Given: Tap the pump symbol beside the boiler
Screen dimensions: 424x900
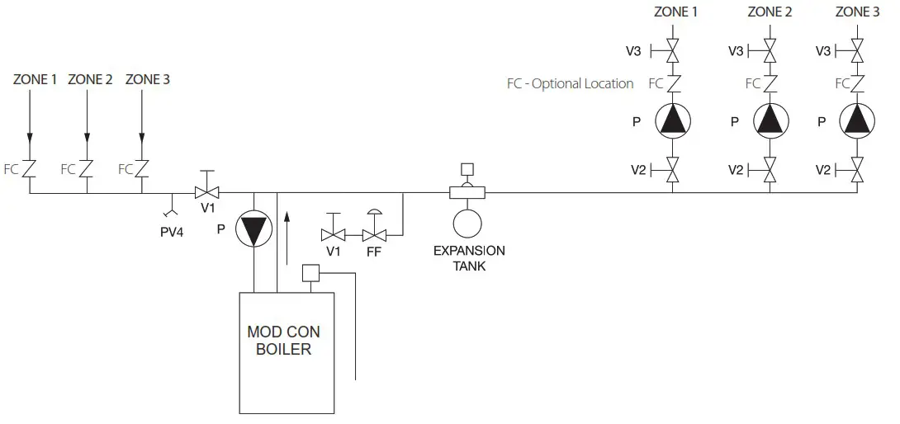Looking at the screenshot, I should [253, 228].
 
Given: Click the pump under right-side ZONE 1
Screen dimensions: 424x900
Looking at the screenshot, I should [673, 120].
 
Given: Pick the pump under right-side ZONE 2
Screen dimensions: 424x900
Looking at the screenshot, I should [770, 120].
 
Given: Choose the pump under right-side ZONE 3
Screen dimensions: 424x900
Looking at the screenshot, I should [857, 120].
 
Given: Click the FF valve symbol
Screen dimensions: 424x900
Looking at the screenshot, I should [374, 235].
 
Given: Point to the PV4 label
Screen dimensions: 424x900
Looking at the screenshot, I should [172, 232].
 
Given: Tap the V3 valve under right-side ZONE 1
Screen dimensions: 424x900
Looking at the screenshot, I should [672, 51].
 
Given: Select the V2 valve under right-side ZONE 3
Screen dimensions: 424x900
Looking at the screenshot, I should [857, 170].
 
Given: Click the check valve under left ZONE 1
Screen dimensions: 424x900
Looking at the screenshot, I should [30, 169].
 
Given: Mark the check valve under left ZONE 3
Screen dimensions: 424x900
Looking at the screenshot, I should [142, 169].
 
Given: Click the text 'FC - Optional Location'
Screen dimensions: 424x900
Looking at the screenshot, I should [570, 83].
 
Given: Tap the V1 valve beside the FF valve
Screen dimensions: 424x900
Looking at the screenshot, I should [334, 235].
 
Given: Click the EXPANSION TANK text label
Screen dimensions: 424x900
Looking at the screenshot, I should [469, 258].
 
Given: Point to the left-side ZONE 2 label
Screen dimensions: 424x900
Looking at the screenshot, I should [90, 80].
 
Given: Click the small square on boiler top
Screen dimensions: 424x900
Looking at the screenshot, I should [310, 273].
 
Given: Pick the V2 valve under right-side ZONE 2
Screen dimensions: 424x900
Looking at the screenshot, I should [770, 170].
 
